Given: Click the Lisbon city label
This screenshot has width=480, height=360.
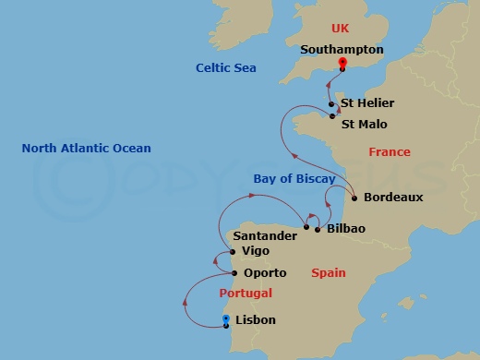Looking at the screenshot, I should point(256,321).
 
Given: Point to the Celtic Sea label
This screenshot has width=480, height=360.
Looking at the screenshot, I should point(225,68).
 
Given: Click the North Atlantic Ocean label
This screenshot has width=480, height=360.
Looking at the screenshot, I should point(87,148).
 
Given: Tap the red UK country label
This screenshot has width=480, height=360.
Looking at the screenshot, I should point(342,29).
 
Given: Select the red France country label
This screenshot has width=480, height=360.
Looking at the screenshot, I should point(389,152).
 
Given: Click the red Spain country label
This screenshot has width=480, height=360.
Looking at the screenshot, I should point(328,272).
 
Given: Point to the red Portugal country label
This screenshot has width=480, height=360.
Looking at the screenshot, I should point(246,294).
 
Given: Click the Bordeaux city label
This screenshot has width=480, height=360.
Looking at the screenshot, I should point(393,197).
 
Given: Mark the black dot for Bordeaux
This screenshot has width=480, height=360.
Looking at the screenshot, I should point(354,197).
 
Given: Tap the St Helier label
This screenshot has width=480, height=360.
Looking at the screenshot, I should point(366,103).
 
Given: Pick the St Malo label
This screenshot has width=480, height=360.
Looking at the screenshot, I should point(364,124).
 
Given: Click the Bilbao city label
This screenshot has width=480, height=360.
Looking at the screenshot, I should point(340,229).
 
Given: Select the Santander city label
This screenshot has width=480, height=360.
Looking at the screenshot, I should point(266,236).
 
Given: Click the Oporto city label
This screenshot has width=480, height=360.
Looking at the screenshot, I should point(265,273).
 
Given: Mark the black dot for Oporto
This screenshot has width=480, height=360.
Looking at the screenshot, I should point(234,273).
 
